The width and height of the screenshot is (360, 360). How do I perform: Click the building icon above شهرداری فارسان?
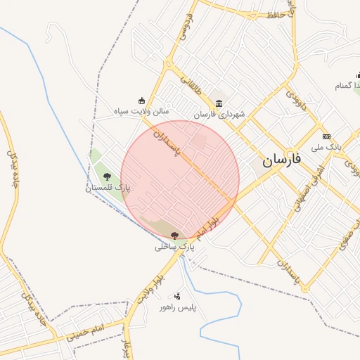click(x=219, y=103)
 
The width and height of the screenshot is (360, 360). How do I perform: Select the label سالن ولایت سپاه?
click(x=142, y=111)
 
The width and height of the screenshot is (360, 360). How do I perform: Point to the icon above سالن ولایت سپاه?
click(x=142, y=101)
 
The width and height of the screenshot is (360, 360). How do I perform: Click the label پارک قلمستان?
click(x=108, y=188)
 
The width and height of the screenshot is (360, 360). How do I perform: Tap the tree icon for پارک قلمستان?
click(x=107, y=176)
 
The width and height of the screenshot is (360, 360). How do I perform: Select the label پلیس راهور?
click(x=177, y=308)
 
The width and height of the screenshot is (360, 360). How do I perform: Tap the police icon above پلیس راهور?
click(x=177, y=296)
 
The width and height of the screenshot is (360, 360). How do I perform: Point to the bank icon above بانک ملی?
click(x=326, y=136)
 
